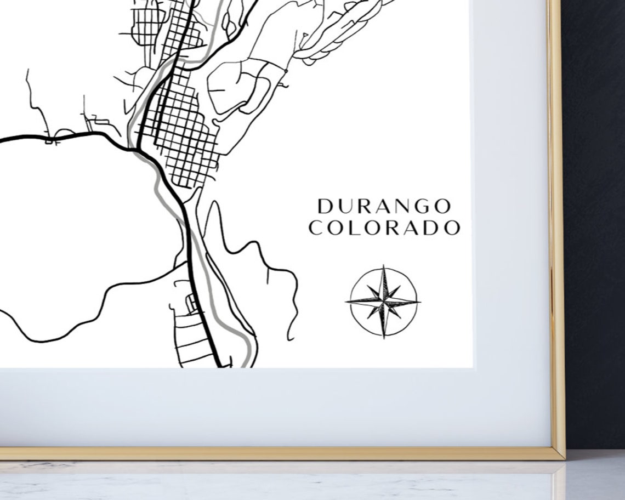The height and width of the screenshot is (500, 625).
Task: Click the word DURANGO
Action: click(x=384, y=207)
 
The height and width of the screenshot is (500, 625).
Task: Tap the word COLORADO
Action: click(x=384, y=228)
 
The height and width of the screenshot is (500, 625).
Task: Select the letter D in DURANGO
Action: click(x=325, y=207)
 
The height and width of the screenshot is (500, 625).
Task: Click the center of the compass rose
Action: click(x=384, y=301)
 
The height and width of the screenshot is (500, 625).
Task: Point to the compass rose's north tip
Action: click(x=384, y=266)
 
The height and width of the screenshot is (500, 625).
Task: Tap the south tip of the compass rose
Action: click(x=384, y=337)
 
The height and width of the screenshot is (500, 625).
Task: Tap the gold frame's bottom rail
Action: click(x=274, y=453)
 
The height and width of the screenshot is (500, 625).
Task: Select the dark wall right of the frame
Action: click(x=595, y=219)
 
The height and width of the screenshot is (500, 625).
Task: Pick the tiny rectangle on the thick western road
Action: click(x=52, y=142)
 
